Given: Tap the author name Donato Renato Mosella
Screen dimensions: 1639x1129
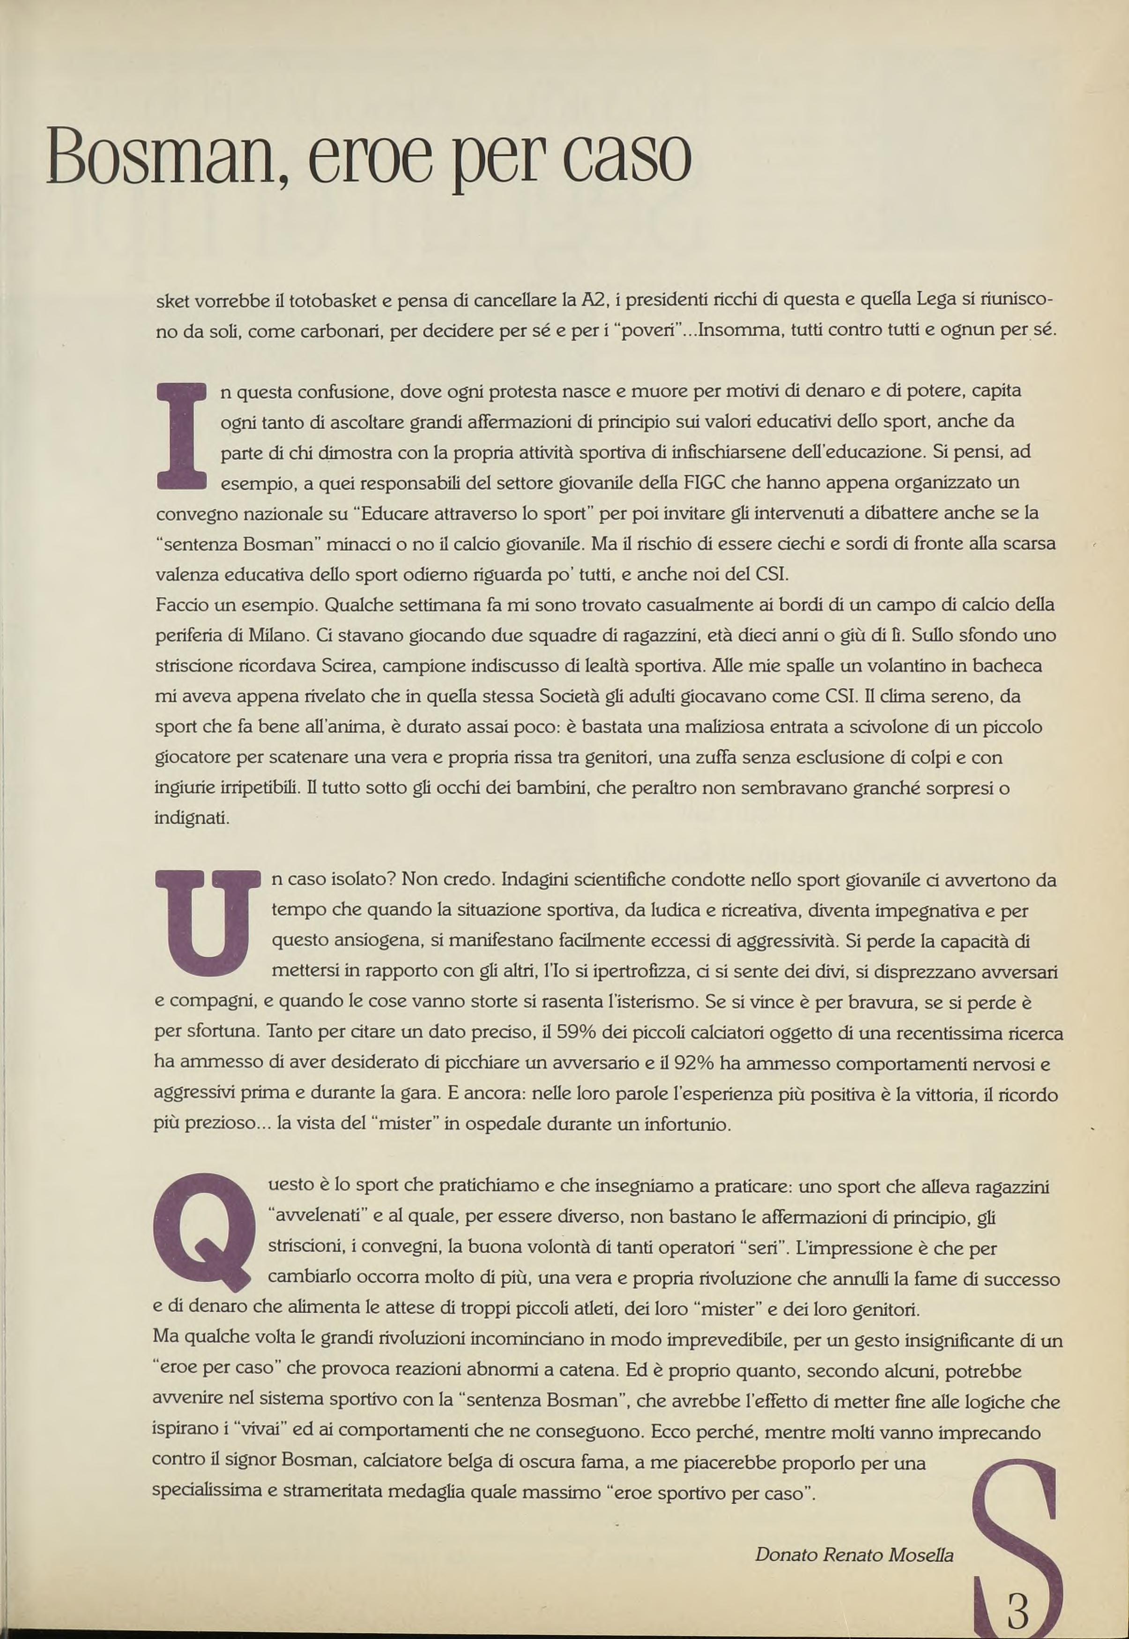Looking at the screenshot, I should pos(854,1554).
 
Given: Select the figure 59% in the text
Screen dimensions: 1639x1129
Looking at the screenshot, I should pos(578,1033).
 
